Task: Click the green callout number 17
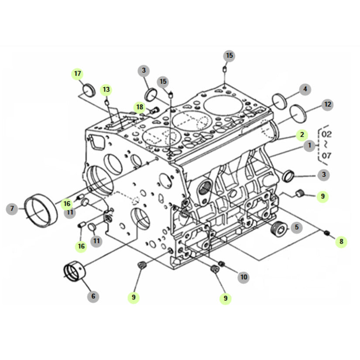(77, 74)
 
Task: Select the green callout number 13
(106, 89)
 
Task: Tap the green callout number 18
(140, 107)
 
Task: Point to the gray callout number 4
(305, 89)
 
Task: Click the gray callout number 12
(327, 105)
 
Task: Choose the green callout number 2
(302, 135)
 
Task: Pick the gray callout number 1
(309, 146)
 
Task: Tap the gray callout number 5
(296, 227)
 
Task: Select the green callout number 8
(341, 242)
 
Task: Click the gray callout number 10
(243, 277)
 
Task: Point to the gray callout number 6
(93, 296)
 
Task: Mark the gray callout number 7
(12, 209)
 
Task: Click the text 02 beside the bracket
(326, 134)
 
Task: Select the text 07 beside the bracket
(326, 156)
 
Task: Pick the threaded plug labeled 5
(279, 229)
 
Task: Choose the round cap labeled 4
(279, 102)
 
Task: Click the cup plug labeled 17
(89, 90)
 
